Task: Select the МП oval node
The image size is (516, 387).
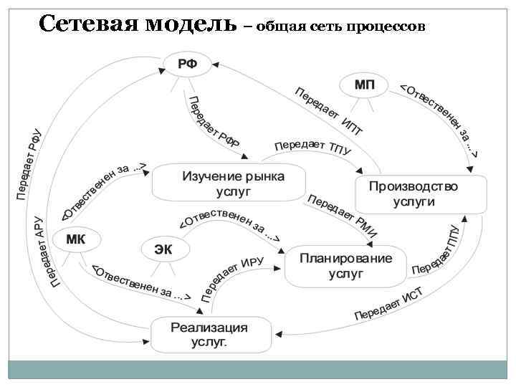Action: (x=364, y=85)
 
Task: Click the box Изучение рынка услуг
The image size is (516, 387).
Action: (x=229, y=183)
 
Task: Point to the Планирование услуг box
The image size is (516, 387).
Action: (x=345, y=266)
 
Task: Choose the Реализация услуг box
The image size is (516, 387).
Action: (x=212, y=335)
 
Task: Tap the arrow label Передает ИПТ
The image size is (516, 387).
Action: (x=329, y=110)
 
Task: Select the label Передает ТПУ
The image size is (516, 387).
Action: (x=312, y=146)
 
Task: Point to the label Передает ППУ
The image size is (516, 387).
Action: (x=436, y=252)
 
